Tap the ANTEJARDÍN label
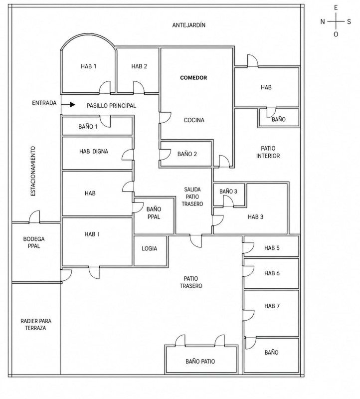coord(189,25)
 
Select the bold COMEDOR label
coord(193,78)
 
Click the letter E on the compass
coord(336,8)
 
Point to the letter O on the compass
coord(336,34)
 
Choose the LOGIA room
coord(150,251)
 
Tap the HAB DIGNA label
coord(94,152)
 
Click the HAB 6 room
coord(271,273)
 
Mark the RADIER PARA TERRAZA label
coord(36,325)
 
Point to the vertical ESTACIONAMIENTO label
coord(33,171)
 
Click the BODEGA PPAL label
coord(34,242)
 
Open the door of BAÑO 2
coord(165,155)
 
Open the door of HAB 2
coord(139,88)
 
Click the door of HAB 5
coord(248,248)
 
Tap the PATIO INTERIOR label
coord(268,152)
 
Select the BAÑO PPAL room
coord(154,216)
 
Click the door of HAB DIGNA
coord(128,155)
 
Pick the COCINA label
coord(194,120)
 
